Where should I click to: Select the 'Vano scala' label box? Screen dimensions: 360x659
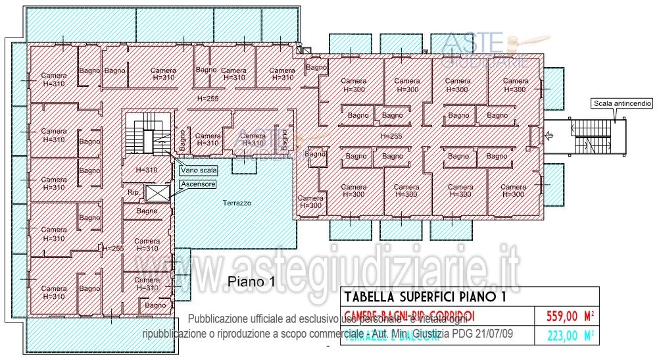pyautogui.click(x=198, y=170)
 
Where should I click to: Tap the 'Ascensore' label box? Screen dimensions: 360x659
pyautogui.click(x=198, y=185)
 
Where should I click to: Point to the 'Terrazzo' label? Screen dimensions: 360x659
pyautogui.click(x=236, y=203)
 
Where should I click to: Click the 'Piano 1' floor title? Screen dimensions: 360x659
pyautogui.click(x=251, y=281)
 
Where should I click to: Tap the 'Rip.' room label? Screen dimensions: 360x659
pyautogui.click(x=134, y=193)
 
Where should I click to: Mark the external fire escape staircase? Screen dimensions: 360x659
pyautogui.click(x=595, y=137)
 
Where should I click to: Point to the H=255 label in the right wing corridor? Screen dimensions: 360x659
pyautogui.click(x=391, y=136)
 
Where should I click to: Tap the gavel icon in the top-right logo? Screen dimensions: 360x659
pyautogui.click(x=512, y=44)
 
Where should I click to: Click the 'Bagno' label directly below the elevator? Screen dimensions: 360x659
pyautogui.click(x=147, y=211)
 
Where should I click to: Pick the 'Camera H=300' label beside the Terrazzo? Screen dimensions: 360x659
pyautogui.click(x=310, y=201)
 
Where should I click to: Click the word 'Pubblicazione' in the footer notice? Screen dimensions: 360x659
pyautogui.click(x=218, y=318)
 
